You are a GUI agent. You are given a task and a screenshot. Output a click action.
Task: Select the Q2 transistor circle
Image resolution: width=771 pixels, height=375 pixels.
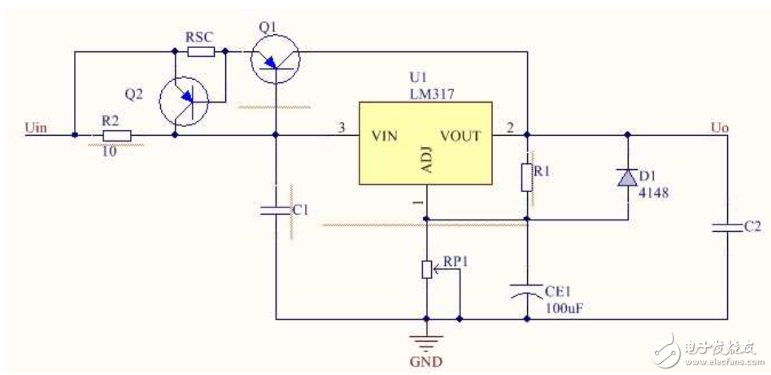(183, 101)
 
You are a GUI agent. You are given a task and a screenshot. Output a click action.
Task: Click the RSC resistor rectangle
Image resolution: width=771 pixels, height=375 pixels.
(200, 52)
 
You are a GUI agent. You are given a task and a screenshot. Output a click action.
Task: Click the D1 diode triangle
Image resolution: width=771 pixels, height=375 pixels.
(626, 177)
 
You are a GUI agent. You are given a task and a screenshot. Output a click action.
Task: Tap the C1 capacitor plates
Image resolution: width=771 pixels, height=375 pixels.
(276, 210)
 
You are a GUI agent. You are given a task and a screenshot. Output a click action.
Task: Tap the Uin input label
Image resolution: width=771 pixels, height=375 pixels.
(36, 127)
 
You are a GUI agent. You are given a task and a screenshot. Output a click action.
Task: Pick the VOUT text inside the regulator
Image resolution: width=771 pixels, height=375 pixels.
(460, 136)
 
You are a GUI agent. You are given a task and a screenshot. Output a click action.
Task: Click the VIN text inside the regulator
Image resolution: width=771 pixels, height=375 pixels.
(384, 136)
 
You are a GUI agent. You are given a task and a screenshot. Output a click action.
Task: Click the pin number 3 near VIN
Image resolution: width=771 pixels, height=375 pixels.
(341, 128)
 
